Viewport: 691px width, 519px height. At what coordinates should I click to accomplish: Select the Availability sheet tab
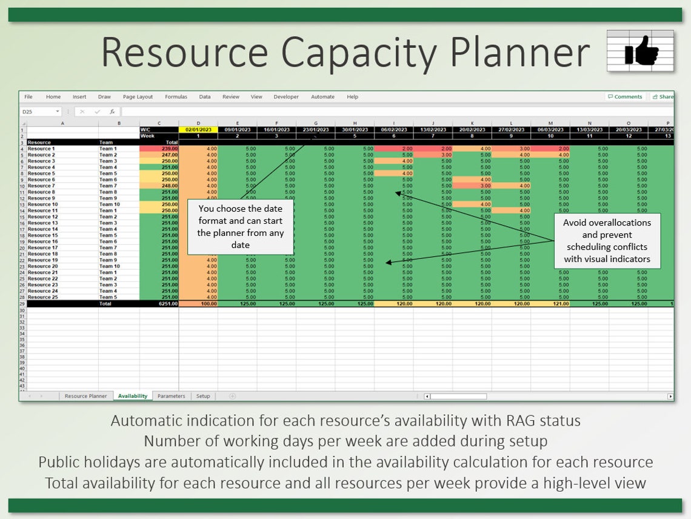point(133,396)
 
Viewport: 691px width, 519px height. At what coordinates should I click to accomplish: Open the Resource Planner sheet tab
point(85,396)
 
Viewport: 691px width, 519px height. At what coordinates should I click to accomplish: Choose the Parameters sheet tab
point(171,396)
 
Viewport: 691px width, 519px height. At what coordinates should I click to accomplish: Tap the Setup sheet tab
point(203,396)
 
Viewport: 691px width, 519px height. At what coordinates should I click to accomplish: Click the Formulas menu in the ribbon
point(176,97)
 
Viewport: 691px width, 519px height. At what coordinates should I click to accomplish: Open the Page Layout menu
point(138,97)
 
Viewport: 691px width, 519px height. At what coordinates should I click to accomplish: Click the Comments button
point(625,97)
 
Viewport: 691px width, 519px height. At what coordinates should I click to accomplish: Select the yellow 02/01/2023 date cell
point(198,130)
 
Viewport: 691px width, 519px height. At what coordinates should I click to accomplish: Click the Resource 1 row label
point(41,149)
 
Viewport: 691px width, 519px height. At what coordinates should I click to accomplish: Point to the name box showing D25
point(38,112)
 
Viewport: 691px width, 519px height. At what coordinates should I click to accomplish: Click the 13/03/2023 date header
point(589,130)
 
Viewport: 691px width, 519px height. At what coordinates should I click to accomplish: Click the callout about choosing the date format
point(240,227)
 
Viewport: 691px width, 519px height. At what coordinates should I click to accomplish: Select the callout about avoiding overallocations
point(607,241)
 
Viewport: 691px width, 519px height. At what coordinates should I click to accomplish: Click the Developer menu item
point(286,97)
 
